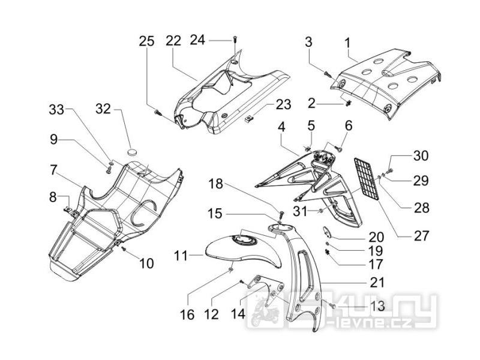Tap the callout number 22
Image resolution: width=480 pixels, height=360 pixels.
(173, 41)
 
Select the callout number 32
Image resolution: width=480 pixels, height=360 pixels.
(103, 109)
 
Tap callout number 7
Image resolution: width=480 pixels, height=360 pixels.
(53, 170)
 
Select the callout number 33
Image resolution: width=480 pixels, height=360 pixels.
(56, 109)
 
